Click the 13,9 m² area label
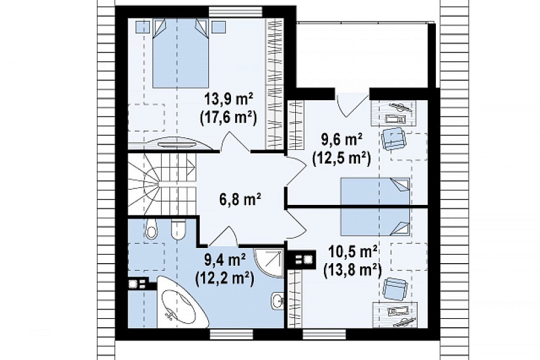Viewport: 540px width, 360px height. pos(229,100)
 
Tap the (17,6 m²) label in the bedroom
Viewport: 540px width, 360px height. pos(228,118)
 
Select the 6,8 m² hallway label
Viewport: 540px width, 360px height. pos(240,199)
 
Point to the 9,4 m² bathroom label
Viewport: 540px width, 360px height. pos(225,260)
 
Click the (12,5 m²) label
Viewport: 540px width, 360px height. pos(341,158)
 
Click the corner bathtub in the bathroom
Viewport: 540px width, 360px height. pos(181,303)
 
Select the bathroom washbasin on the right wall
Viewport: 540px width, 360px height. pos(278,300)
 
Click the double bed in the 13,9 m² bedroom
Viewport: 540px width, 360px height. pos(180,53)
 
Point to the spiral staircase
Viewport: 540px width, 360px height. pos(162,185)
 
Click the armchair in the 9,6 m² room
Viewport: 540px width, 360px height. pos(393,138)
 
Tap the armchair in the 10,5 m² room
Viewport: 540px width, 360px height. pos(394,289)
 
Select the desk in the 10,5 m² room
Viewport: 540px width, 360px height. pos(395,315)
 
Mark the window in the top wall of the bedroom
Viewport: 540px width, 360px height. pos(230,12)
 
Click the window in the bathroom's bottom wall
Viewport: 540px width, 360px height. pos(231,333)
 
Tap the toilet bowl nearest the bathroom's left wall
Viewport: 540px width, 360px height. pos(151,229)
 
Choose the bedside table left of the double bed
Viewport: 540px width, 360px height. pos(142,27)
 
